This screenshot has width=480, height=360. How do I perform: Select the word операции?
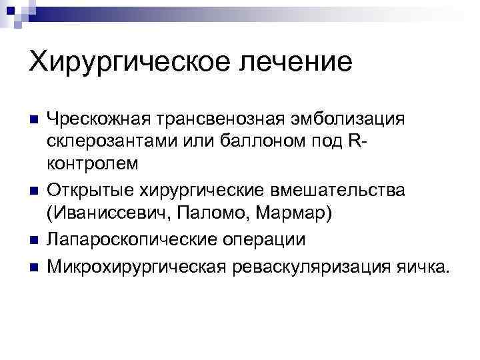[x=266, y=240]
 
